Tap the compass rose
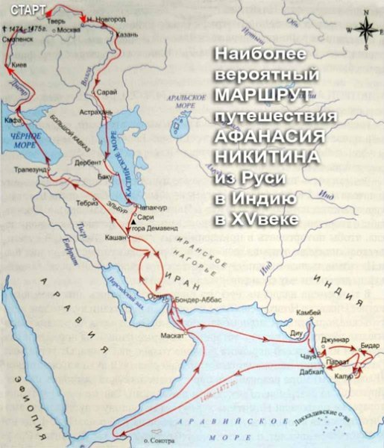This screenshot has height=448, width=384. pos(365,30)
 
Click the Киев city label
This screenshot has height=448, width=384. pos(22,66)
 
